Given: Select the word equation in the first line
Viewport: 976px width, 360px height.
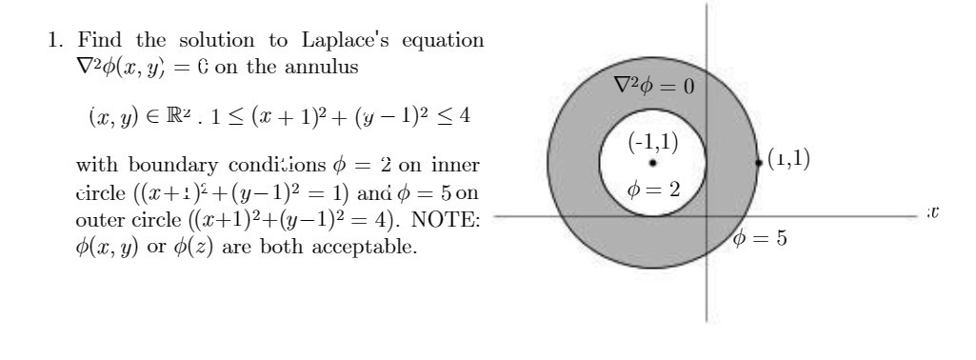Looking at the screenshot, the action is [424, 42].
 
